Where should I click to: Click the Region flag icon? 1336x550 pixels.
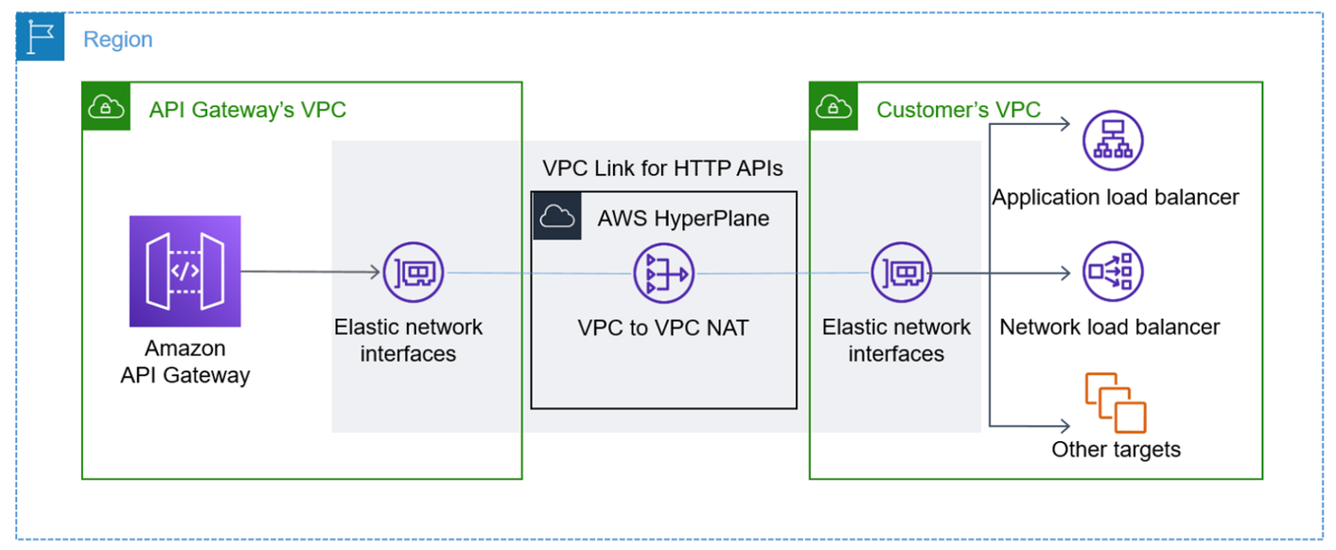click(40, 38)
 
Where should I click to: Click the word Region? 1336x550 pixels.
click(117, 40)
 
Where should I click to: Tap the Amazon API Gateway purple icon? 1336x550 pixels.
click(185, 271)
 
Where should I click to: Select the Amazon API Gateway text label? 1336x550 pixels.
click(185, 362)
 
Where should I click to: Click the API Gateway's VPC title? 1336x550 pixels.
click(248, 110)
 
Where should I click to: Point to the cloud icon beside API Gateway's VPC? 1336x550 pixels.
click(106, 106)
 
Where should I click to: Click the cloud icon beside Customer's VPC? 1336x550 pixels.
click(834, 106)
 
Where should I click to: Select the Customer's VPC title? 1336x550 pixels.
click(958, 110)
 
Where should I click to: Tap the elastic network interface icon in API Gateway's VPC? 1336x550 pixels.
click(413, 273)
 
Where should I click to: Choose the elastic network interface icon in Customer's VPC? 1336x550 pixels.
click(901, 273)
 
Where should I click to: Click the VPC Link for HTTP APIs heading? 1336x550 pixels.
click(662, 169)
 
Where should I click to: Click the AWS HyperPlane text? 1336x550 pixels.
click(683, 219)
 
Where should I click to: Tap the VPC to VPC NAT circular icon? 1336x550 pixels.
click(663, 273)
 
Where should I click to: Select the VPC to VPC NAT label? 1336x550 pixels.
click(663, 328)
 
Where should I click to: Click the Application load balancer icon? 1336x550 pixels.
click(1114, 139)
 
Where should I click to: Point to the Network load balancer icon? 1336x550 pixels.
click(1114, 273)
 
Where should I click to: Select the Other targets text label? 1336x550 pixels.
click(1116, 449)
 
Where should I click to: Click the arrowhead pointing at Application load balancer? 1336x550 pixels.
click(1064, 123)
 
